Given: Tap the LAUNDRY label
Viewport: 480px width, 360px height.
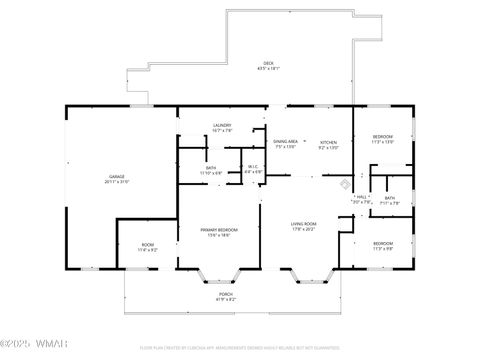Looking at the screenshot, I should (222, 127).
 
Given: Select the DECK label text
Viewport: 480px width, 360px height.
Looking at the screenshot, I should (269, 65).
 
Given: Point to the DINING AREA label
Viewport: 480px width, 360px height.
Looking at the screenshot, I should (286, 144).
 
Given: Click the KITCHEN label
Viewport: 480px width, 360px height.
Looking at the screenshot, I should (328, 144).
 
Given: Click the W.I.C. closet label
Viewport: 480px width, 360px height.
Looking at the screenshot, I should (253, 169).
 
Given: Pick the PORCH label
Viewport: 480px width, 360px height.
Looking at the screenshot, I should (226, 296).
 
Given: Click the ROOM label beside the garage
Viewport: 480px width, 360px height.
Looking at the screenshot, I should (147, 246).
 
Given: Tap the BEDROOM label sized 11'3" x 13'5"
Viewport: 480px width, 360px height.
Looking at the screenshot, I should (383, 138).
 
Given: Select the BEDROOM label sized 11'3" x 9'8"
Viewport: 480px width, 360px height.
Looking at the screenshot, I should (383, 245).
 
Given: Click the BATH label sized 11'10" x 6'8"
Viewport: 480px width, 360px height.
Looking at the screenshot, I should (211, 170).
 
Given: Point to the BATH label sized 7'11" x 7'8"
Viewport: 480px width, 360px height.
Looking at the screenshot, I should (390, 200).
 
